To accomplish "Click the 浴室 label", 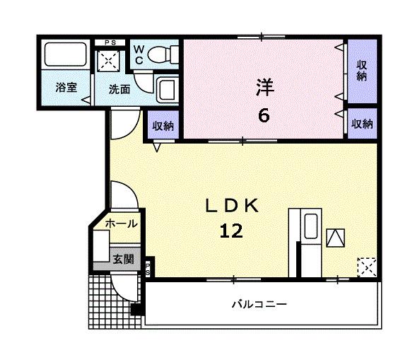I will click(66, 88).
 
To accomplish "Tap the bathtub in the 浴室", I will click(64, 55).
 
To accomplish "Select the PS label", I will click(110, 42).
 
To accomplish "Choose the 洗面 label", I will click(119, 89).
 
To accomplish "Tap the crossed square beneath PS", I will click(110, 62).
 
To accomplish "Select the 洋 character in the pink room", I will click(263, 88).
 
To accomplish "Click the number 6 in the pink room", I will click(263, 115).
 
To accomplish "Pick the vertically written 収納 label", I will click(362, 71).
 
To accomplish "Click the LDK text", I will click(234, 205).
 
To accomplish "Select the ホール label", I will click(121, 223).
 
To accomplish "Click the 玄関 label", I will click(123, 259).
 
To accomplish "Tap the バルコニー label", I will click(259, 305).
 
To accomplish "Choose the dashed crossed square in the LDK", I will click(366, 267).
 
